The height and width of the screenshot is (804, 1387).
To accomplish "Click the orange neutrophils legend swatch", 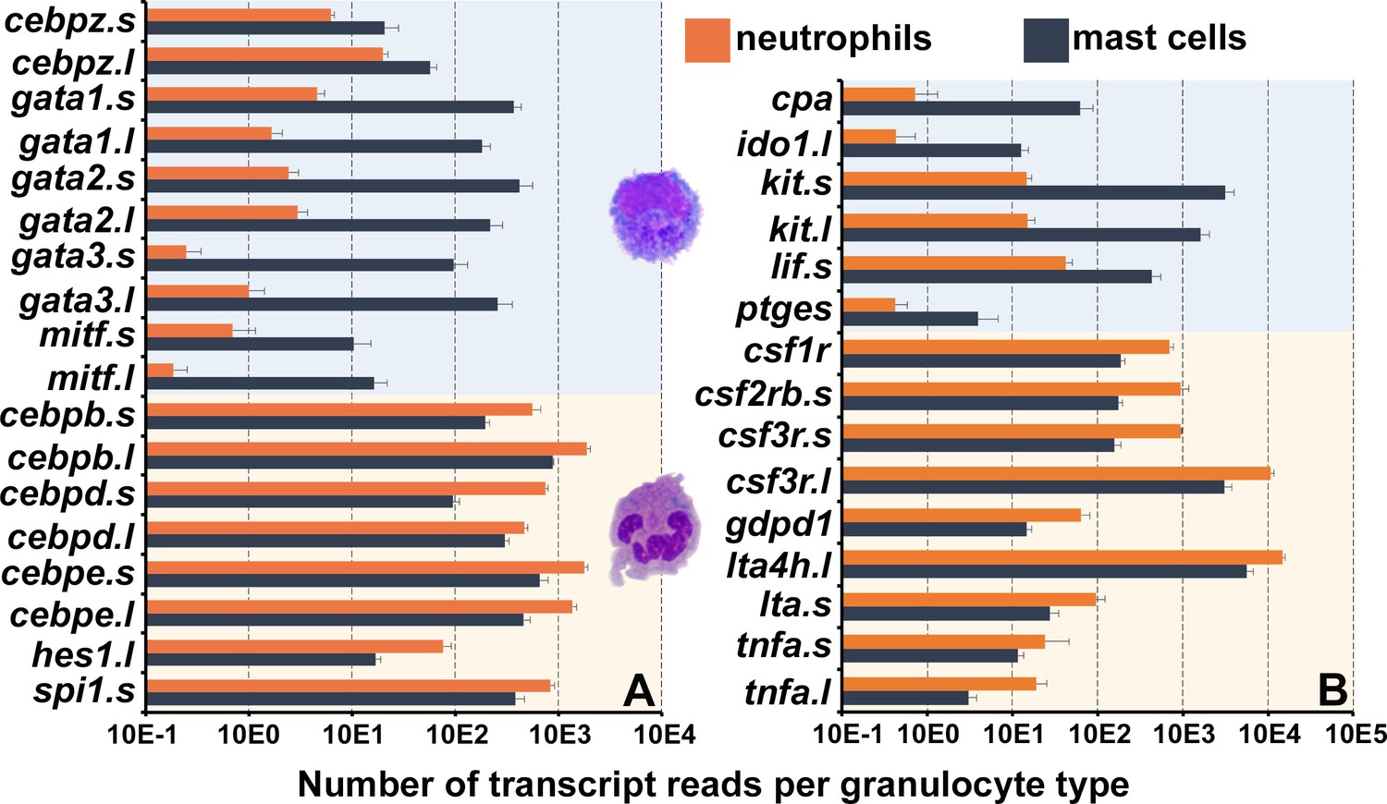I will point(707,41).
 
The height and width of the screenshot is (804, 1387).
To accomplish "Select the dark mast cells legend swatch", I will point(1046,41).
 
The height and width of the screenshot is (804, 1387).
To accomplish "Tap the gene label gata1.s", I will point(73,98).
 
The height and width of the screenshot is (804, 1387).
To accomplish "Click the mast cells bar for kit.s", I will point(1033,192).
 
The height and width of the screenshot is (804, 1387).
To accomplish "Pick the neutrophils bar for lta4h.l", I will point(1062,557).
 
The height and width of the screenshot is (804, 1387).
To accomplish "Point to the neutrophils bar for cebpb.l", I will point(366,449).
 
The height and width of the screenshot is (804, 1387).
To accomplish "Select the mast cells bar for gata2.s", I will point(333,186).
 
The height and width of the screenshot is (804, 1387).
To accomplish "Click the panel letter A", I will point(638,690).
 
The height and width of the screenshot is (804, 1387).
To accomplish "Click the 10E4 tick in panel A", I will point(661,735).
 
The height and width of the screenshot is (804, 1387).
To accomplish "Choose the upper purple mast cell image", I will point(656,214).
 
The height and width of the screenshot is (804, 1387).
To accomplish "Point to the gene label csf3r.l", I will point(779,481).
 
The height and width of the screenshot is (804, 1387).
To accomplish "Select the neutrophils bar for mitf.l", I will point(160,371).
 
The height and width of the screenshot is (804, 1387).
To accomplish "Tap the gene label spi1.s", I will point(84,690).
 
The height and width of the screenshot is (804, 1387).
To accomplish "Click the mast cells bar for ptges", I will point(910,319).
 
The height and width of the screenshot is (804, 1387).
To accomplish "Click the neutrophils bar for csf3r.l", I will point(1056,473).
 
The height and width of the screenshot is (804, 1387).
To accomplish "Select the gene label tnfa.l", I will point(788,692).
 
